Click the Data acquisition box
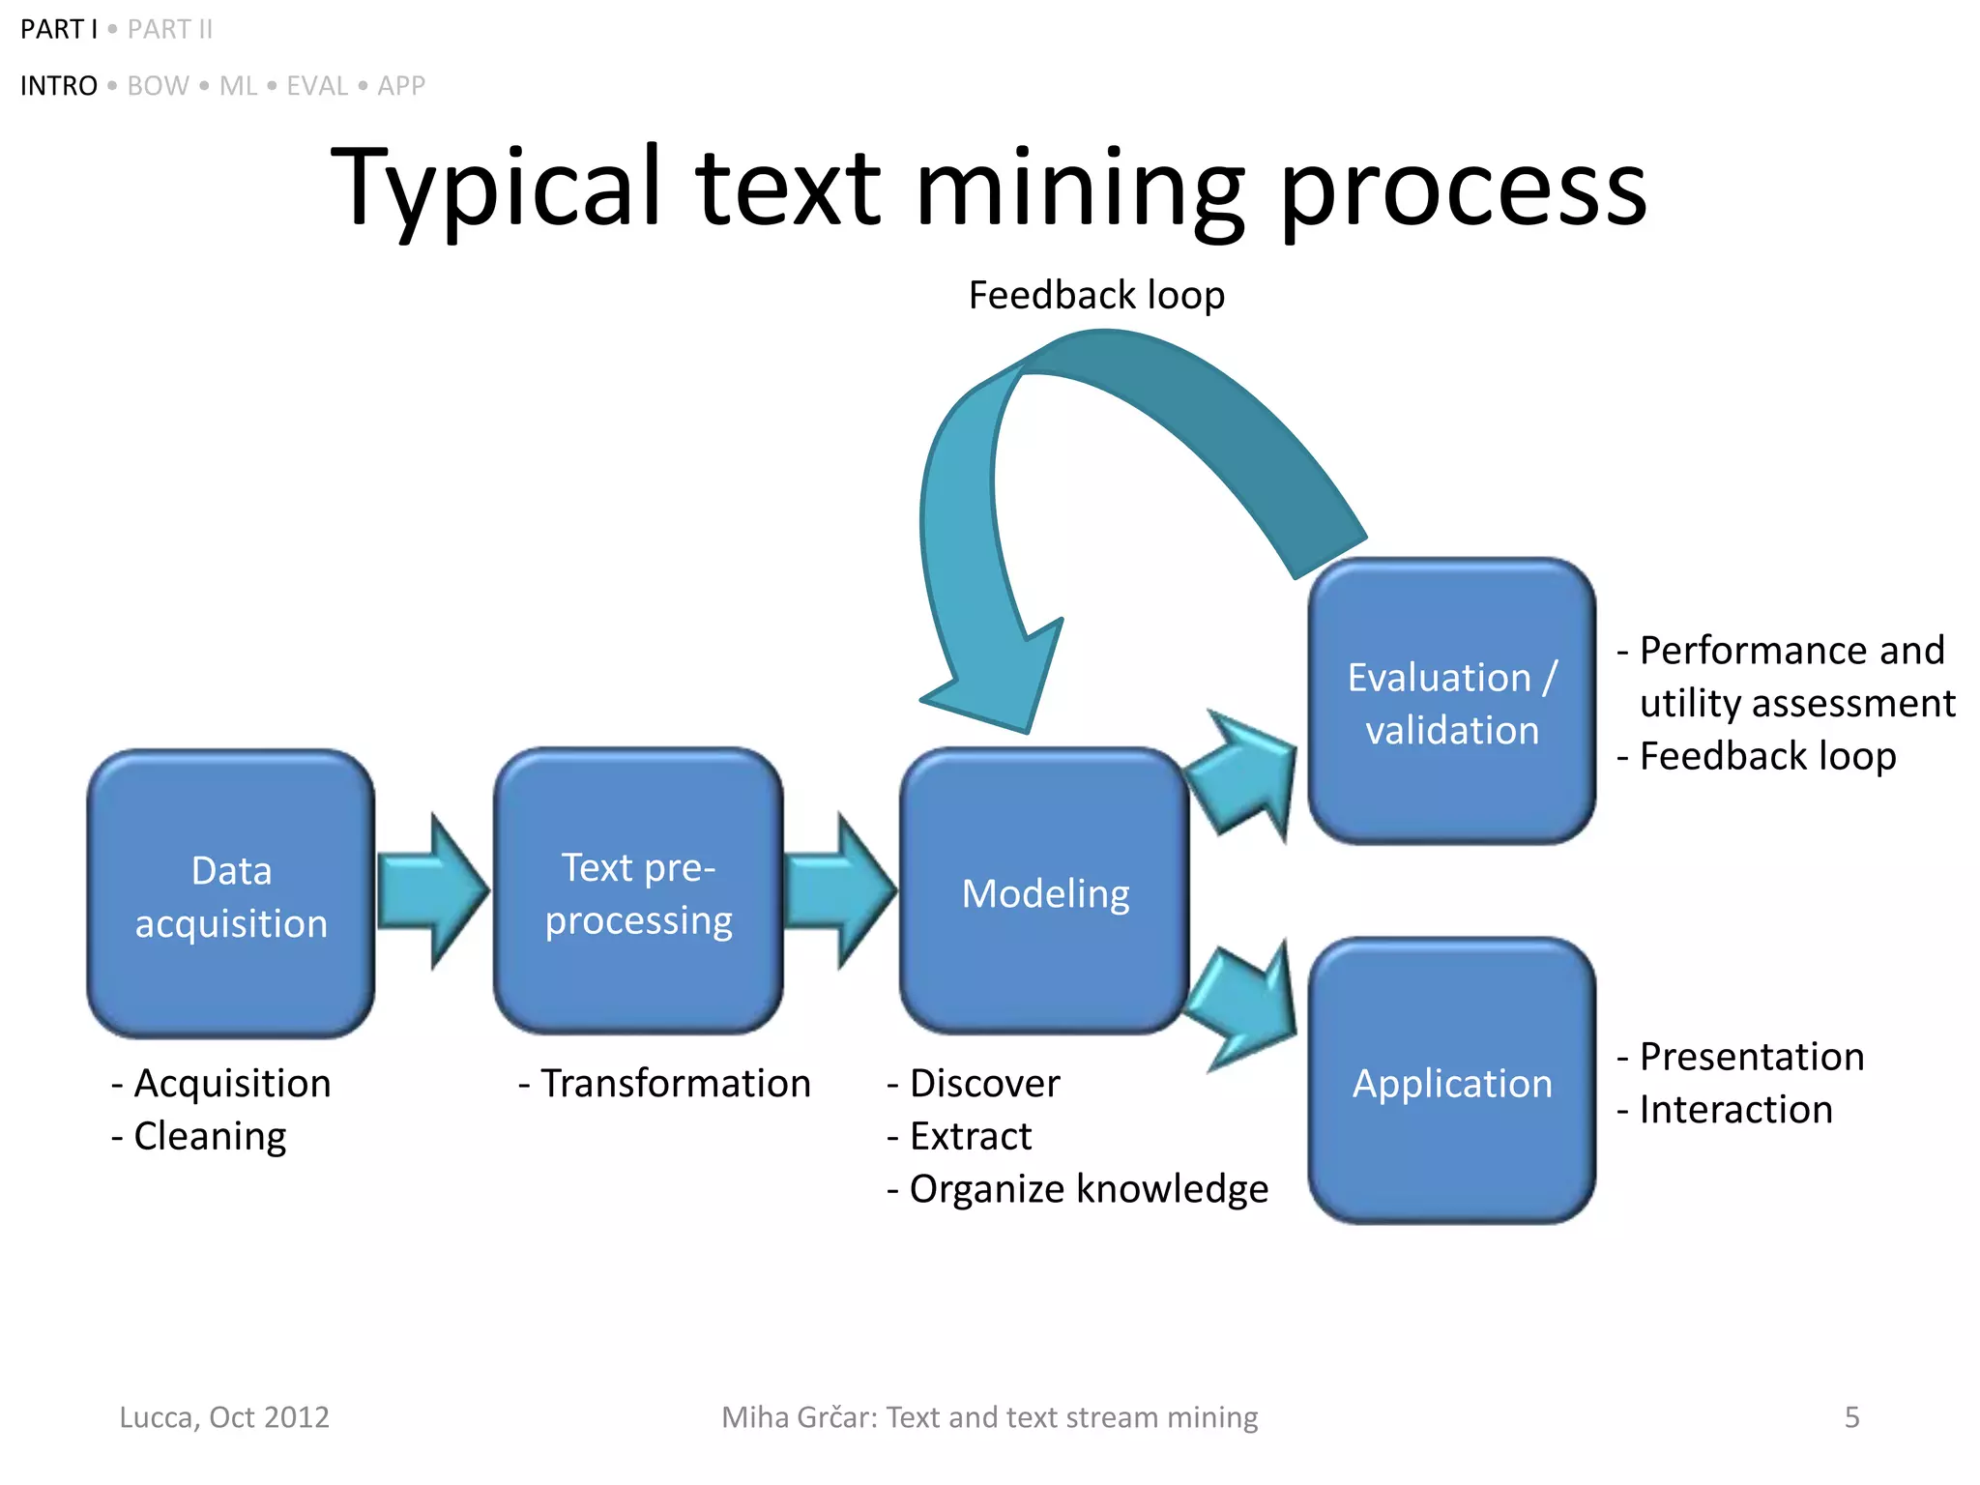coord(230,894)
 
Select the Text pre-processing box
coord(638,891)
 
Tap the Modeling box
coord(1044,891)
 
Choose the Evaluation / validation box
coord(1451,701)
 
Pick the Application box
coord(1451,1081)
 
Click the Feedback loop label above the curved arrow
coord(1096,295)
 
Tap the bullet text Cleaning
coord(210,1136)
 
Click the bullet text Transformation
coord(675,1083)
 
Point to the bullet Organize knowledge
coord(1088,1189)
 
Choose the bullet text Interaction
coord(1735,1109)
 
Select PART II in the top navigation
coord(170,30)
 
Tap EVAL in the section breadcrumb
coord(317,86)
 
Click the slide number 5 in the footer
coord(1851,1417)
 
